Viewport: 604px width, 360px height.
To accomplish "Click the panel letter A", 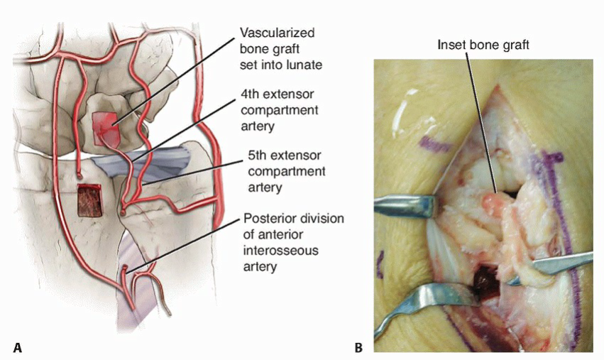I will [x=17, y=347].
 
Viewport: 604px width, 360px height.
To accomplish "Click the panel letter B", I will [x=358, y=347].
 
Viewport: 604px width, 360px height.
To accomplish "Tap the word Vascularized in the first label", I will [x=277, y=33].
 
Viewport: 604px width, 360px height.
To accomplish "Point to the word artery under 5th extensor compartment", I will [x=259, y=187].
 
